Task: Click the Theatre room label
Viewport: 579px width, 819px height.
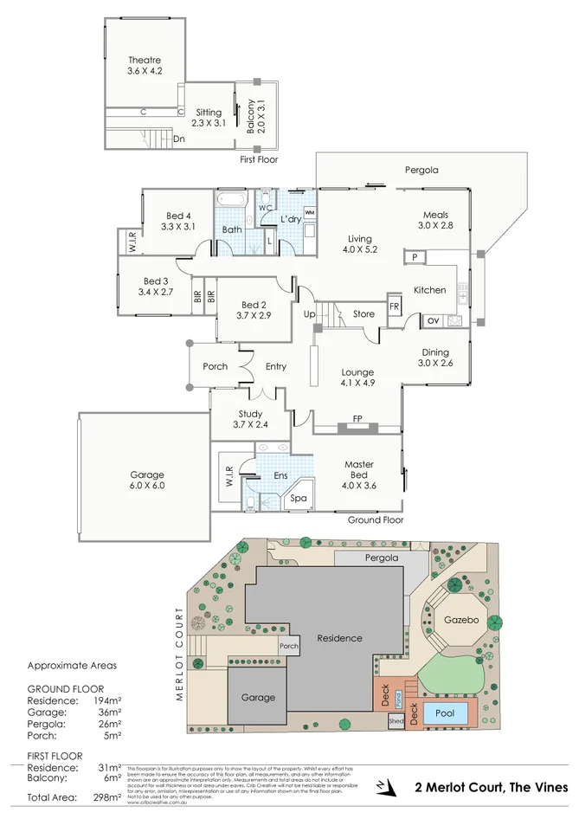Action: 145,60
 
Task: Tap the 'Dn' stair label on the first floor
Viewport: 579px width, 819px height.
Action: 178,139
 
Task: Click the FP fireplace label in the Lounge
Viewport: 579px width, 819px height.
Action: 357,419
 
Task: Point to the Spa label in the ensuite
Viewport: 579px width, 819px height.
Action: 297,500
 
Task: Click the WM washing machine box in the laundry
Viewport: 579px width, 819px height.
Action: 309,212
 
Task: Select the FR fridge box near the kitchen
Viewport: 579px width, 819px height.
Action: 395,307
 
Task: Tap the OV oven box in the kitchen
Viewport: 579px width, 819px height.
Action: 433,321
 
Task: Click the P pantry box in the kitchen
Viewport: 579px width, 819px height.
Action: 415,257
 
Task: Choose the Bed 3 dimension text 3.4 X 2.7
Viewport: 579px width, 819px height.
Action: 156,293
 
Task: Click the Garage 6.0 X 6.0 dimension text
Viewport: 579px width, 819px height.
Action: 147,487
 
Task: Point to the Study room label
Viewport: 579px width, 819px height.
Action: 250,414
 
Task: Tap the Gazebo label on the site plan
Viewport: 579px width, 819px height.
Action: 460,621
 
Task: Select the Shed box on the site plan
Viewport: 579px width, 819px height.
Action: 396,721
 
